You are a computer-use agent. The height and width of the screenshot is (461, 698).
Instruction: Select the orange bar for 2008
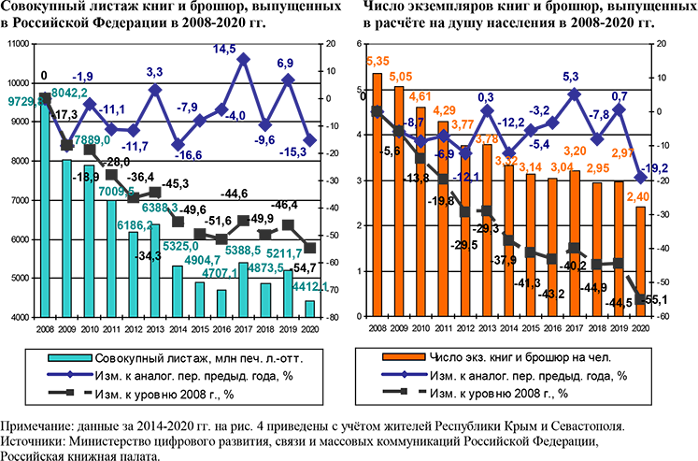coord(377,196)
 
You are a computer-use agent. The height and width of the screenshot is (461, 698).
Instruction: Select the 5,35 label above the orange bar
coord(377,63)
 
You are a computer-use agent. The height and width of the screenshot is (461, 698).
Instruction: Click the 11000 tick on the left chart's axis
coord(18,45)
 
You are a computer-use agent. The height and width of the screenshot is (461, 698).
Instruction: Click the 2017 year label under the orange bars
coord(577,330)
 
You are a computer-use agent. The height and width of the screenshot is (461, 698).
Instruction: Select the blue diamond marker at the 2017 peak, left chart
coord(243,59)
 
